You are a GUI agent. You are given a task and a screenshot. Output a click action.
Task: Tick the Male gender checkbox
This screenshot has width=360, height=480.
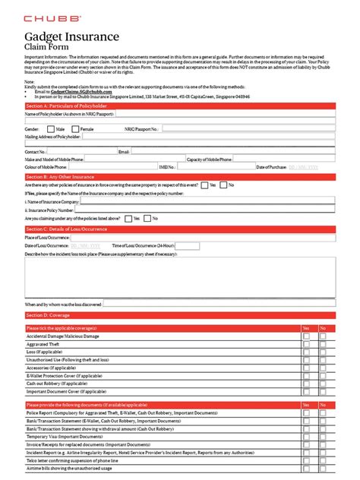(x=49, y=129)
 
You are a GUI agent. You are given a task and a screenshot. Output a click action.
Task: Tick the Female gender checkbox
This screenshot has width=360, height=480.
(x=75, y=129)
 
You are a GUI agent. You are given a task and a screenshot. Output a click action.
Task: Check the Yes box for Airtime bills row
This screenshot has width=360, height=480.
(x=306, y=467)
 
